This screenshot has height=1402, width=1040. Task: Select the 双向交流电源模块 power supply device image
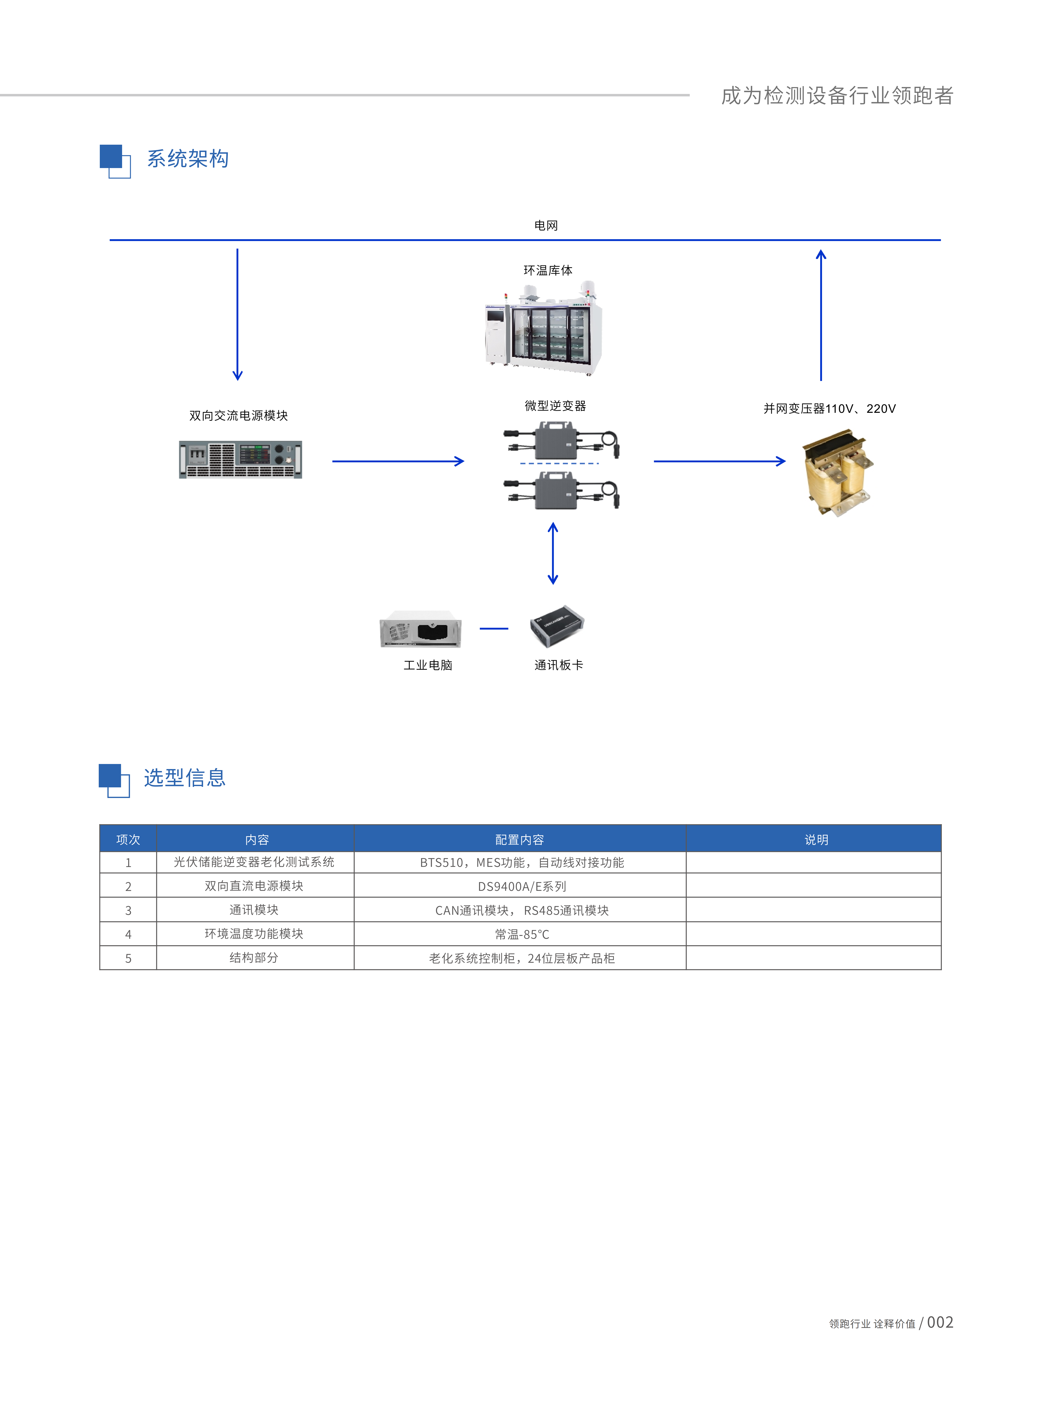pyautogui.click(x=241, y=460)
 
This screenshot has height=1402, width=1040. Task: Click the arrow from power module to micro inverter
pyautogui.click(x=398, y=462)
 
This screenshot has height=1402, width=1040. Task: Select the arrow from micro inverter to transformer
pyautogui.click(x=720, y=462)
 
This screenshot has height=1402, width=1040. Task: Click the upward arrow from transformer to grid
pyautogui.click(x=821, y=315)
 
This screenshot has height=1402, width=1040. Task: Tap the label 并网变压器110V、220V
pyautogui.click(x=829, y=409)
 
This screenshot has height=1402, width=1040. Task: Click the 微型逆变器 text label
pyautogui.click(x=555, y=406)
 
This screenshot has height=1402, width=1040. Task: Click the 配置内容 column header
pyautogui.click(x=519, y=840)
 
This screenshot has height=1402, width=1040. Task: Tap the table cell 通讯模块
pyautogui.click(x=254, y=910)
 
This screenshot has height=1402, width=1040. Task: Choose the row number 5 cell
pyautogui.click(x=128, y=958)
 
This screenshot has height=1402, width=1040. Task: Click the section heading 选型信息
pyautogui.click(x=185, y=778)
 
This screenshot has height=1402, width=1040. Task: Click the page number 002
pyautogui.click(x=940, y=1322)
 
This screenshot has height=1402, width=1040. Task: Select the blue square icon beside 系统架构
pyautogui.click(x=115, y=161)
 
